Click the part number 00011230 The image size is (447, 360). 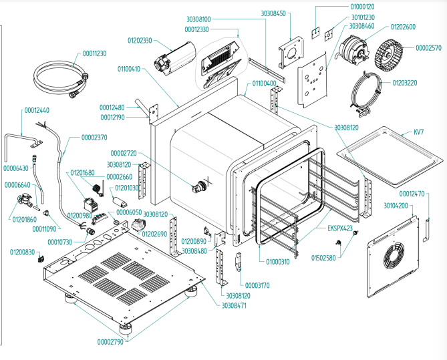94,53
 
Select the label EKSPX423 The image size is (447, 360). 340,228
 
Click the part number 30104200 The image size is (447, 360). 397,206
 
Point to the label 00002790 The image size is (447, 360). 108,342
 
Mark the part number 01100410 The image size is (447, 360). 130,68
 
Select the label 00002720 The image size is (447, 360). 124,153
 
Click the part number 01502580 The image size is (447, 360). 325,256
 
